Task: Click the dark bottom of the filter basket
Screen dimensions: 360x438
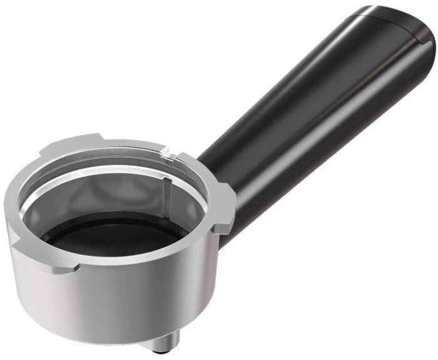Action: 113,232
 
